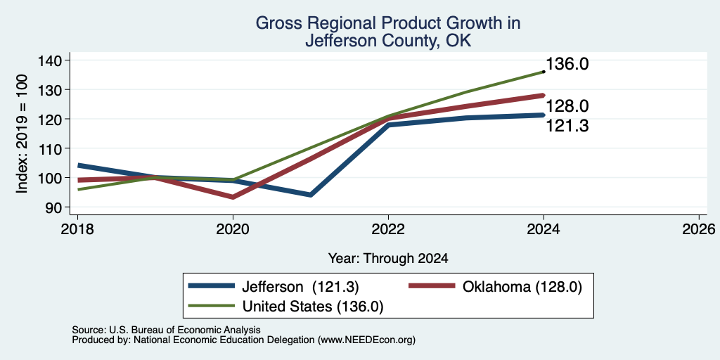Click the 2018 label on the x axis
77,229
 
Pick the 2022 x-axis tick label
388,229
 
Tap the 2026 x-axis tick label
699,229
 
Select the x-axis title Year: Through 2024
388,259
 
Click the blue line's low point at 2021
311,195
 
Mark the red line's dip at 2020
233,197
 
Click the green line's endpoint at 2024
544,72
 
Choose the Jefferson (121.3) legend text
300,287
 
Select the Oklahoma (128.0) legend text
522,287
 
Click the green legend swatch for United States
212,306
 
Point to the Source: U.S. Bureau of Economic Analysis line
166,330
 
